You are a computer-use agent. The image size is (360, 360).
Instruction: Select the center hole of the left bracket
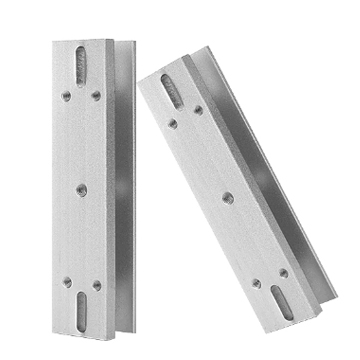tap(79, 183)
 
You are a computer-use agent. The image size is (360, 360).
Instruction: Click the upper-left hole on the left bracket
tap(64, 96)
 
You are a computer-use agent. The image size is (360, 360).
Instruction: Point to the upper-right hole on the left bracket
tap(95, 95)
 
